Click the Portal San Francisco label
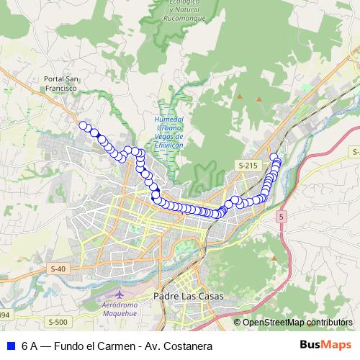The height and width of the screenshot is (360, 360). coord(60,83)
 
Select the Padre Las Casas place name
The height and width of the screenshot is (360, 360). coord(189,296)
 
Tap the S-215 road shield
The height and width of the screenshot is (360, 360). coord(247,166)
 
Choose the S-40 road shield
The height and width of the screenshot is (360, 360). coord(58,269)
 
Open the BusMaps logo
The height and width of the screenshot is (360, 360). coord(325,345)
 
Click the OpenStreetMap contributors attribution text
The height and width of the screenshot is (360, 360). coord(297,322)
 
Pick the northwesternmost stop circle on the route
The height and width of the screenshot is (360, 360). coord(83,126)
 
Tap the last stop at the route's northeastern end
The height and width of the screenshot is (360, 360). coord(274,157)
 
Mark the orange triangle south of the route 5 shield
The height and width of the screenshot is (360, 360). coord(274,257)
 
